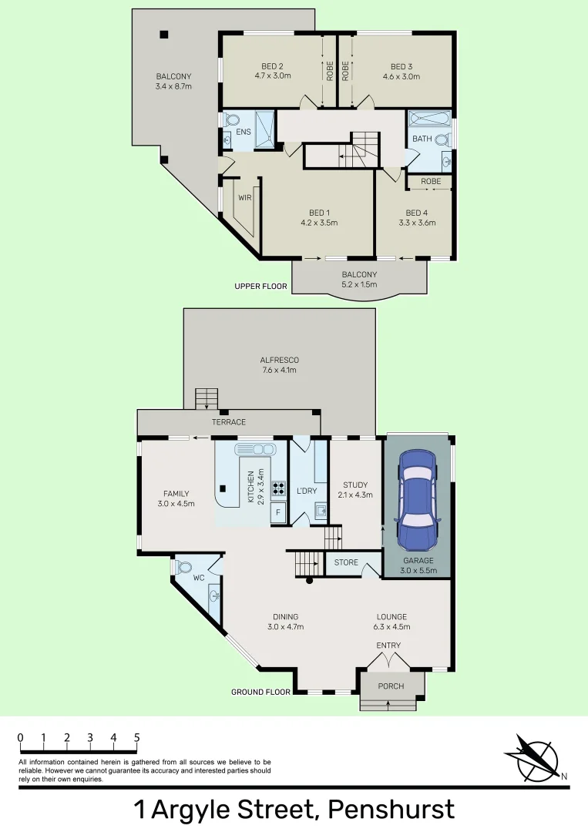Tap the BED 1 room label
click(x=319, y=213)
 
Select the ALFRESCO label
click(x=278, y=360)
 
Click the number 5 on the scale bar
click(x=137, y=738)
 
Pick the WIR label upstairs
click(x=245, y=198)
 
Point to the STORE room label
click(x=346, y=562)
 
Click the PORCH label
click(x=391, y=686)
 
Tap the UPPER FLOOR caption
click(x=260, y=287)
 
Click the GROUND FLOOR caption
click(x=260, y=692)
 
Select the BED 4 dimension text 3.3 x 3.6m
click(x=416, y=223)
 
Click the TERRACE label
click(x=229, y=422)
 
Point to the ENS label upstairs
click(x=244, y=133)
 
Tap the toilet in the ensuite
click(x=232, y=120)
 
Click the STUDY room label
click(x=355, y=485)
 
